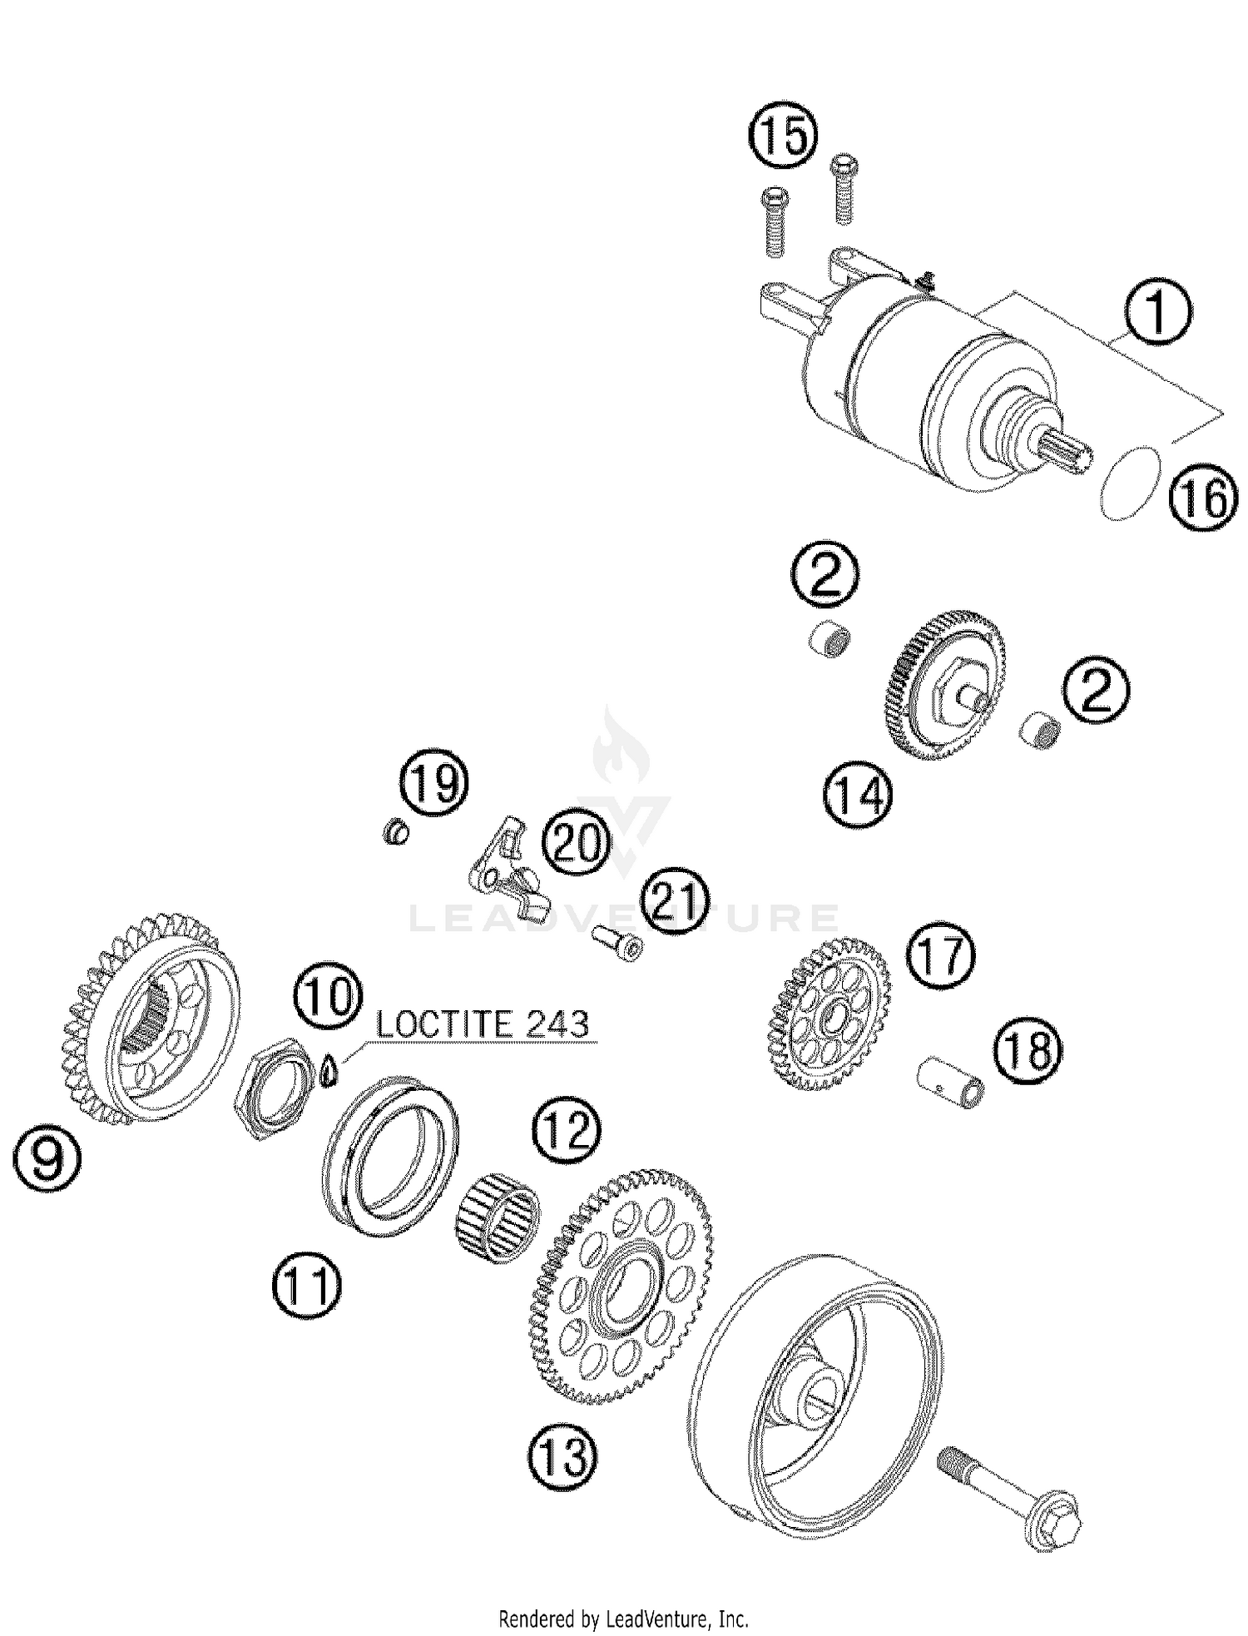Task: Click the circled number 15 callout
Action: coord(783,137)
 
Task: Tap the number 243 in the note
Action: coord(558,1024)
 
